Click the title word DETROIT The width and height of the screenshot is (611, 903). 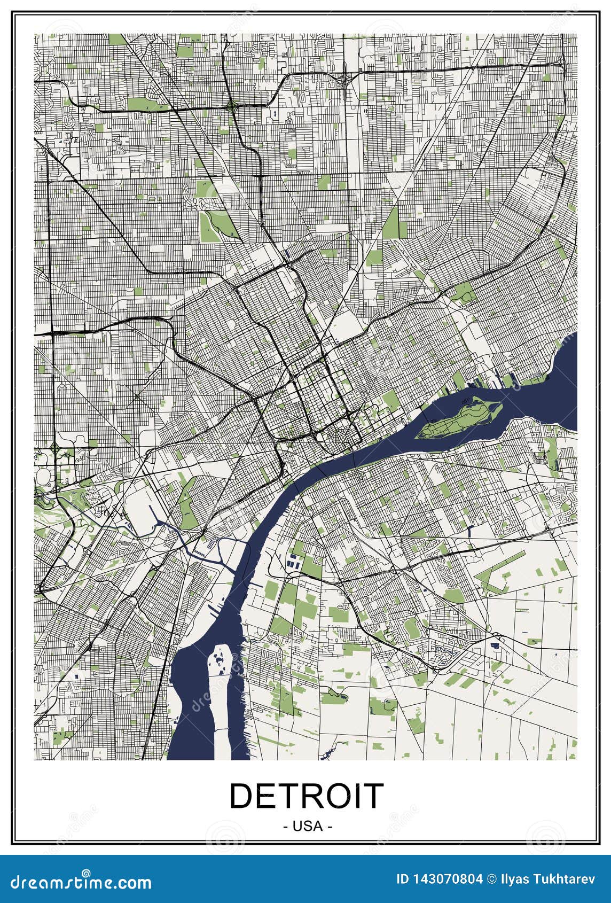tap(306, 796)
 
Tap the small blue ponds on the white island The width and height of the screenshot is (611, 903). tap(220, 660)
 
